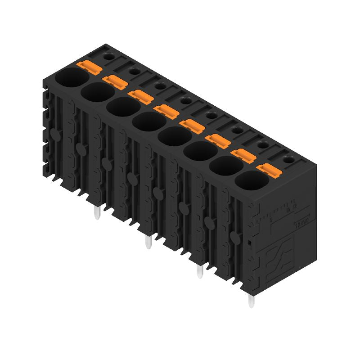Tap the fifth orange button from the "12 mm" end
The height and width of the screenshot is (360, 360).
(x=166, y=110)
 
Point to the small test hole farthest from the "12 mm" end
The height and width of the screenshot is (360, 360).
(x=108, y=56)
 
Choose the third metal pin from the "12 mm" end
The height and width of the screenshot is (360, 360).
(x=148, y=243)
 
